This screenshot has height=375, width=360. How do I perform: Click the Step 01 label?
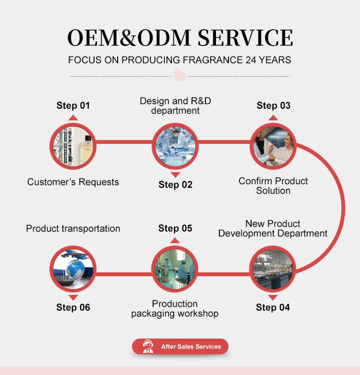73,105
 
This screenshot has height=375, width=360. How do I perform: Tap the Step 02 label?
175,185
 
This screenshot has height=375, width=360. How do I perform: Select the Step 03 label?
274,105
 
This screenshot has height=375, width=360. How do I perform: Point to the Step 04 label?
273,307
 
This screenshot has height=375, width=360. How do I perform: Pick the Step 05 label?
175,228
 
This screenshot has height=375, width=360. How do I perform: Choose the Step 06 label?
73,307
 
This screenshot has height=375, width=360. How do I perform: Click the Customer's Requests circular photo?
73,145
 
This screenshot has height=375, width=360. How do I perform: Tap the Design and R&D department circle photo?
175,145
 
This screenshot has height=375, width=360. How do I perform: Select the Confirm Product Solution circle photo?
273,145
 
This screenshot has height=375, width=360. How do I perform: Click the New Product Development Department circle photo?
273,269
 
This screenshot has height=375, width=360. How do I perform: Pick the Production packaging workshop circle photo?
175,269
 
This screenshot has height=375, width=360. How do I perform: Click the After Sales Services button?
180,346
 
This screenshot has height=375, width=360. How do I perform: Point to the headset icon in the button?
148,346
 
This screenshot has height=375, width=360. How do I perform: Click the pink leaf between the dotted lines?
180,75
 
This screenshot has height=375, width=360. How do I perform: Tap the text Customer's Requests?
73,182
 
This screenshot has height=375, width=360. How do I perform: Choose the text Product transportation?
73,228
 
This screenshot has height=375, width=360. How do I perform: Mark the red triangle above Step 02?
175,175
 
